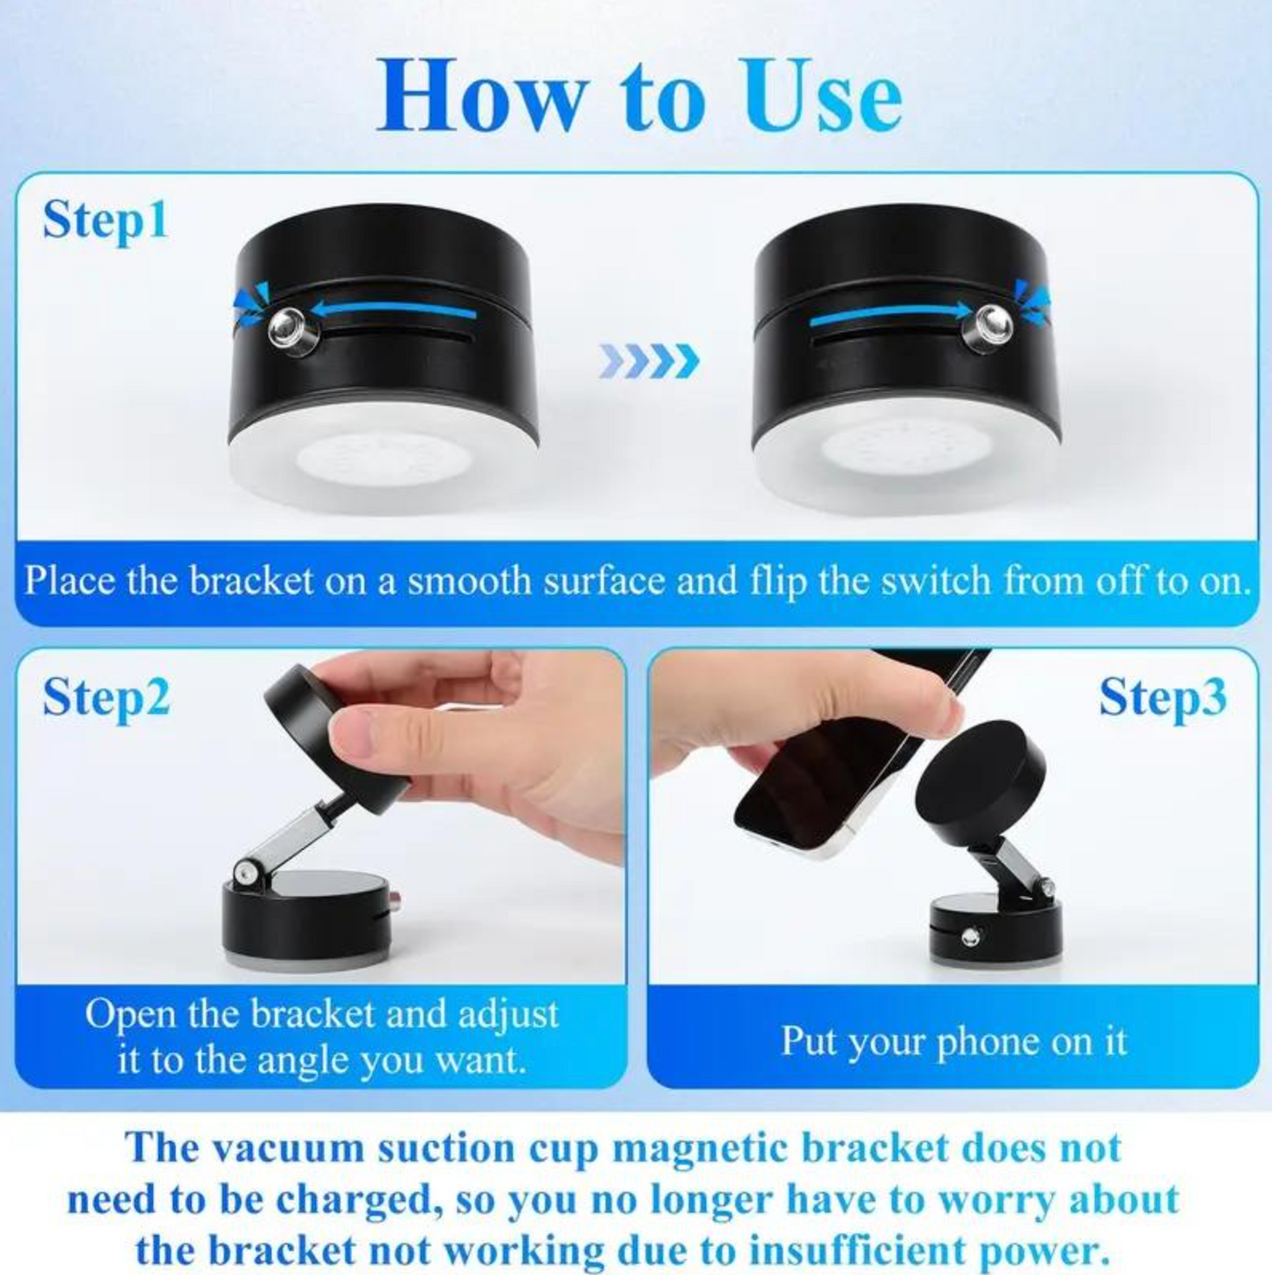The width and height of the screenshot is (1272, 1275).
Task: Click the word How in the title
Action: pos(482,96)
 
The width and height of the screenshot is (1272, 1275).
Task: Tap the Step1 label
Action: pos(105,220)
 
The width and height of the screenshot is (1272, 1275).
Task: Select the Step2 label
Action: pos(106,698)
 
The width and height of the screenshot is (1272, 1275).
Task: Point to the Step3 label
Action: pos(1162,698)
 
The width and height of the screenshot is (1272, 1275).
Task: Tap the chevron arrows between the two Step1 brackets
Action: pos(650,361)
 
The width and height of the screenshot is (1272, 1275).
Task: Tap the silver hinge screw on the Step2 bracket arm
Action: pos(244,871)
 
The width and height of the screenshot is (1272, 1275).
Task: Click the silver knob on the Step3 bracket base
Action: pos(970,938)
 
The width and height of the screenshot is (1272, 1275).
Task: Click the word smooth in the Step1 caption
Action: pos(469,582)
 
